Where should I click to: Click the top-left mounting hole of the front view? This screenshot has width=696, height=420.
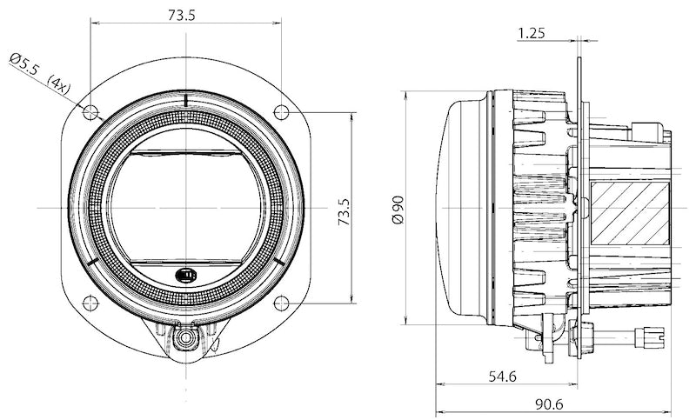[x=89, y=112]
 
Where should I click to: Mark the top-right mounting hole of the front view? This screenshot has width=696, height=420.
[x=281, y=111]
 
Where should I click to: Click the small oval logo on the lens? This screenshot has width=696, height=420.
[x=185, y=276]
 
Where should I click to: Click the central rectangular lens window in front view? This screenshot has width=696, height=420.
[x=185, y=207]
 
